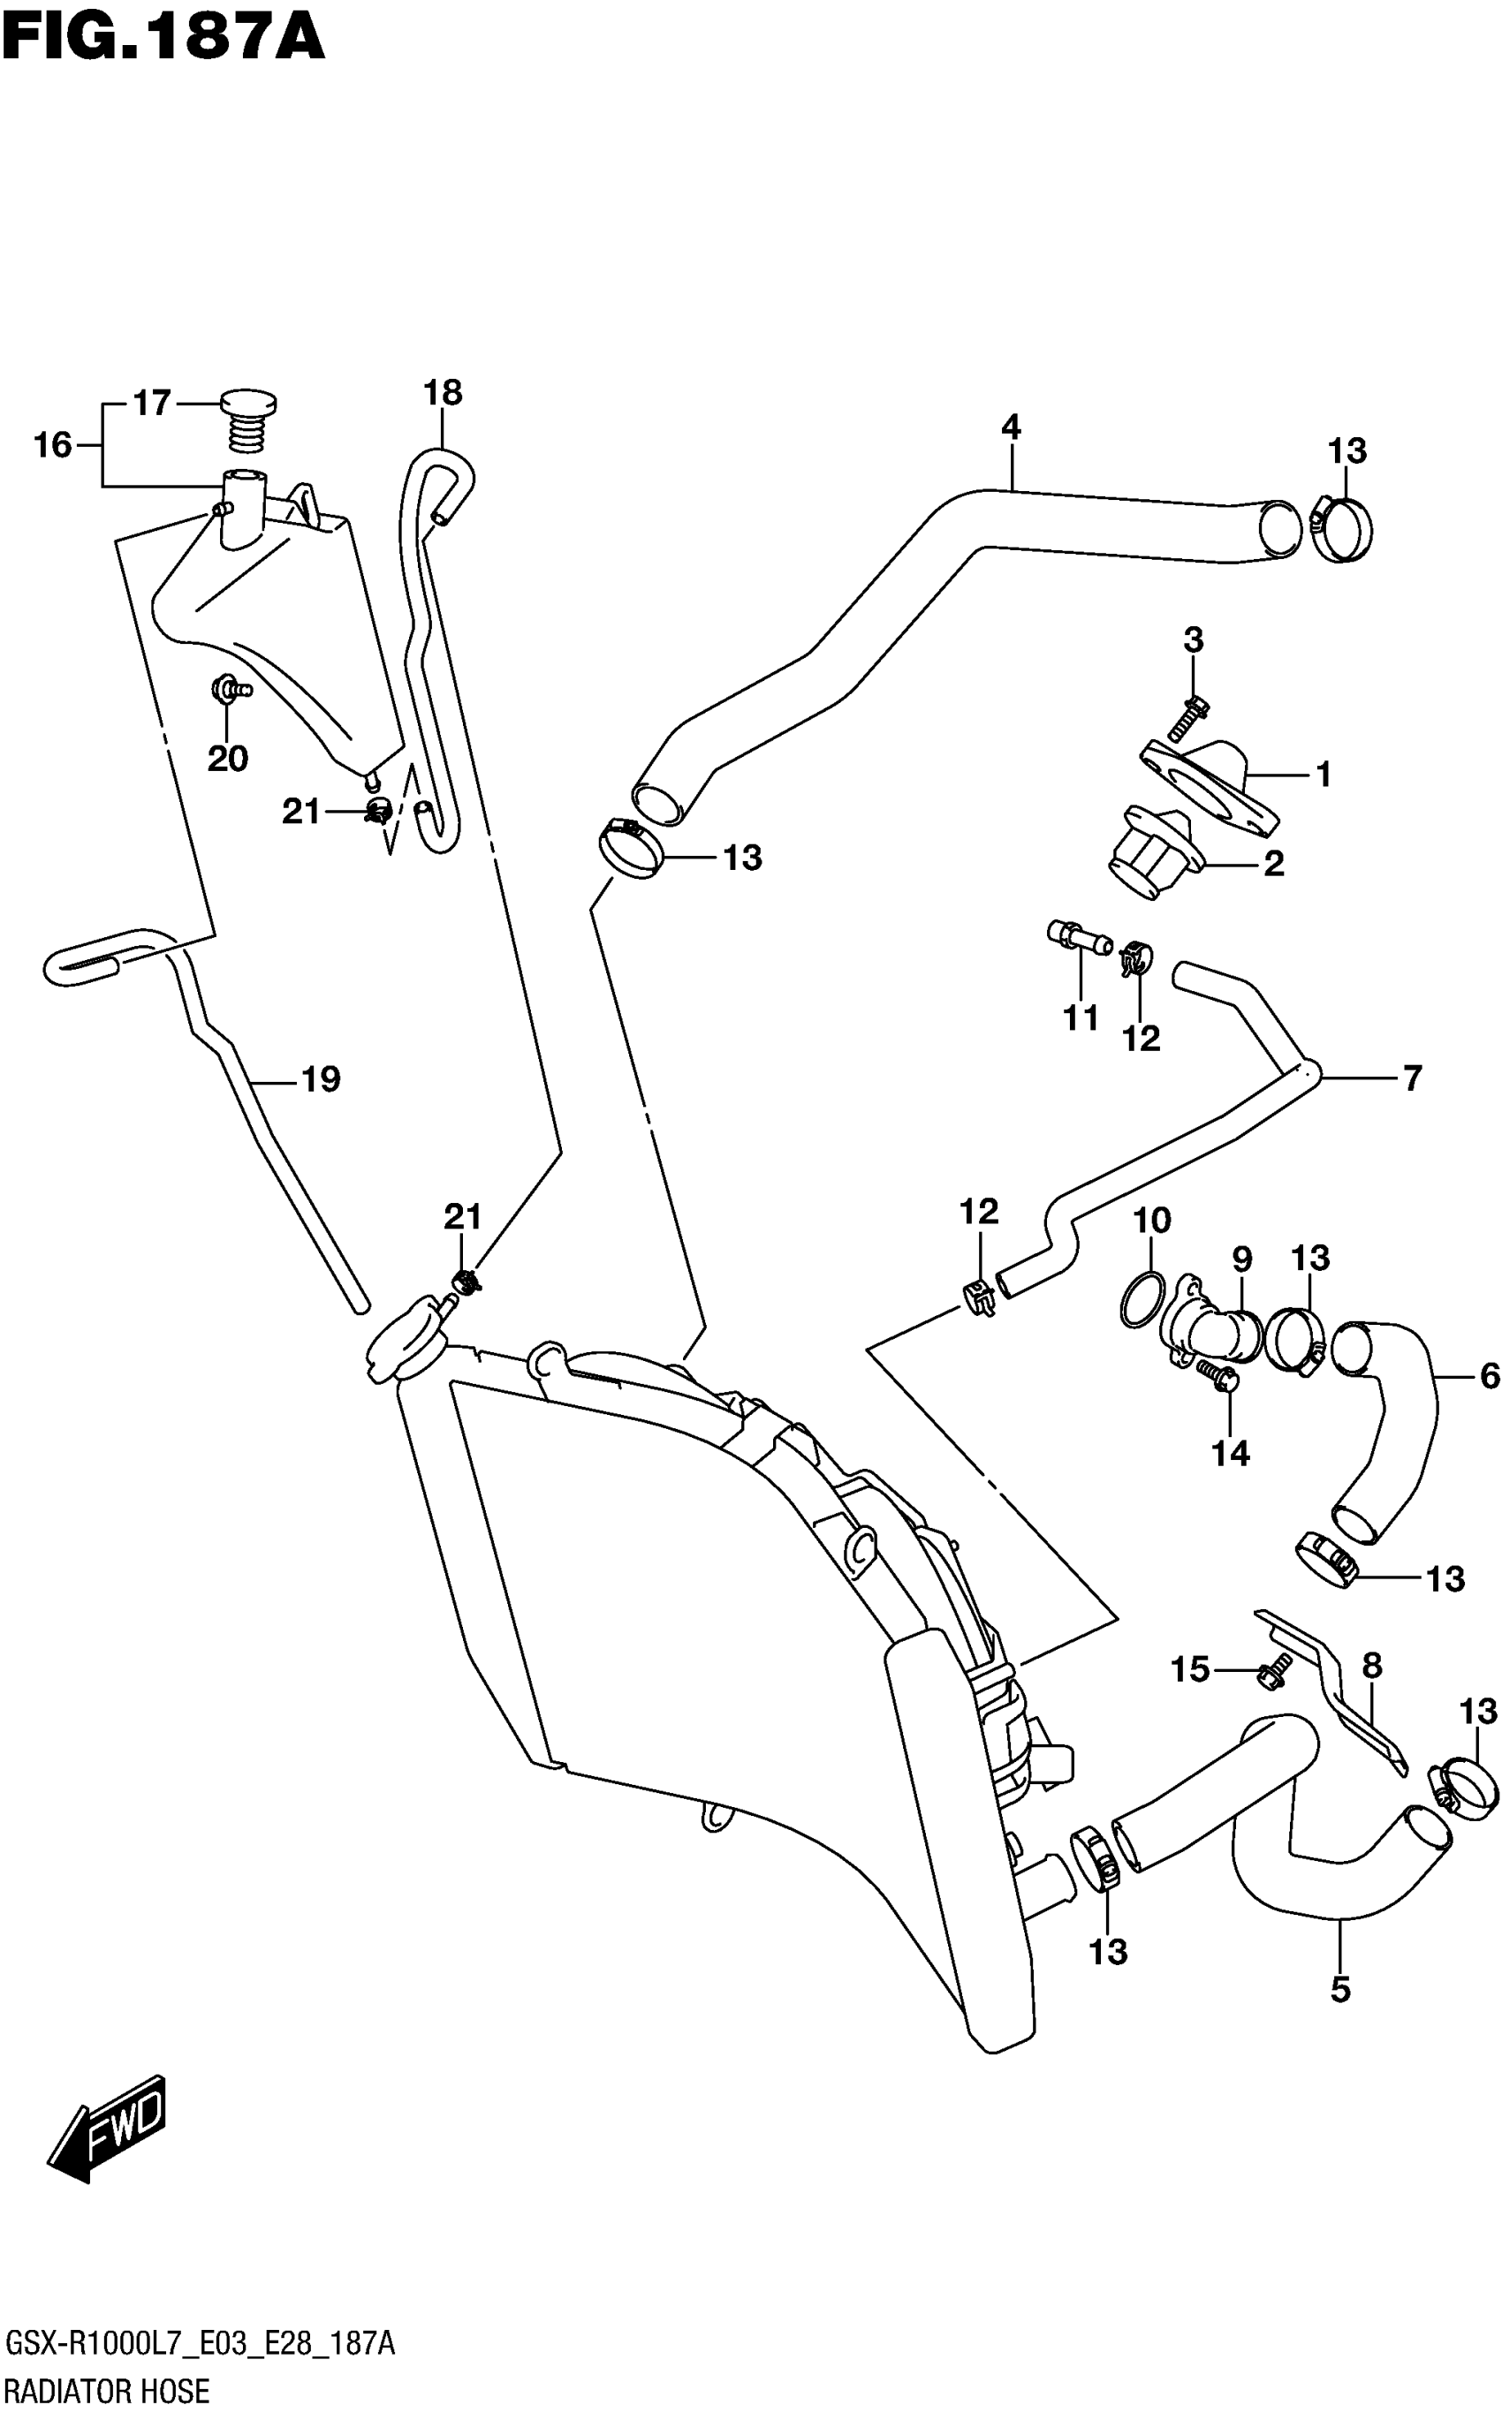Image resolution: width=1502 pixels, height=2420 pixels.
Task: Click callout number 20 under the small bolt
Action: (227, 759)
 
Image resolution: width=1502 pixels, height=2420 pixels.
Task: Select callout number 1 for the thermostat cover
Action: (1324, 774)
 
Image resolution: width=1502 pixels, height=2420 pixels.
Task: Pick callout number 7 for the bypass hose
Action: (1412, 1078)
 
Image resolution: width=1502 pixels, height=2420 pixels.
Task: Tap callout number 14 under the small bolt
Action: (1230, 1453)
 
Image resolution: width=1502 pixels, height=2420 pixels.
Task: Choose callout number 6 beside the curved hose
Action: (1488, 1375)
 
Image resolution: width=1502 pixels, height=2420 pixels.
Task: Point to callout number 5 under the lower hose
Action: (1340, 1989)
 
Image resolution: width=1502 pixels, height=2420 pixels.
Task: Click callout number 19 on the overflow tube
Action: (321, 1078)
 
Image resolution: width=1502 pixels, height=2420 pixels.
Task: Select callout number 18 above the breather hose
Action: (443, 393)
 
